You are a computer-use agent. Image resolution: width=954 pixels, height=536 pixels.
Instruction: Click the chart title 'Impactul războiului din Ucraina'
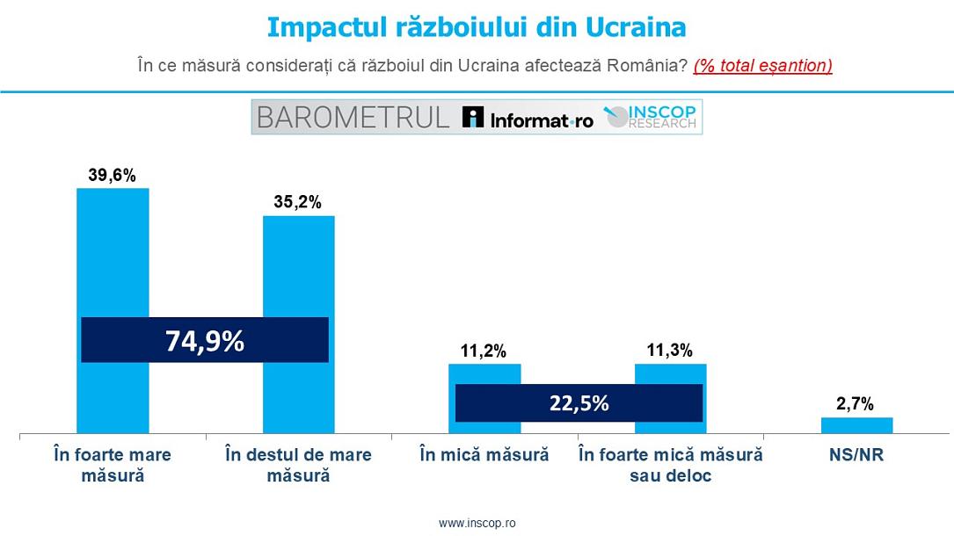[x=476, y=27]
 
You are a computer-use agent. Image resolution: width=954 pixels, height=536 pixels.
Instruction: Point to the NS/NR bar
[x=856, y=425]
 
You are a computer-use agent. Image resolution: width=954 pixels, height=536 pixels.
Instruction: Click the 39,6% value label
[x=113, y=176]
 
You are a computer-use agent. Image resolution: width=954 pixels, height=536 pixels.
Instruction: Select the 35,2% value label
[x=298, y=202]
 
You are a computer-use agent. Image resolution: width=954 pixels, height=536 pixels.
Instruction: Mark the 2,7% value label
[x=856, y=404]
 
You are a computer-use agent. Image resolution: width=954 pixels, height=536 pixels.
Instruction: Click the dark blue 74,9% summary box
[x=205, y=340]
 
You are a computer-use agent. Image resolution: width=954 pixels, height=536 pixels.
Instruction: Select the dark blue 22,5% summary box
[x=579, y=403]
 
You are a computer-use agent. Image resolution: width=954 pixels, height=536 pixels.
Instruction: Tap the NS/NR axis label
[x=856, y=455]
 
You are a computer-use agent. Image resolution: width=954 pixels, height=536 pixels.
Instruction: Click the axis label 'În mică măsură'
[x=484, y=455]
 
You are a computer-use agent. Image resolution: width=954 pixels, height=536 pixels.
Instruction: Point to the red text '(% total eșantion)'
[x=762, y=66]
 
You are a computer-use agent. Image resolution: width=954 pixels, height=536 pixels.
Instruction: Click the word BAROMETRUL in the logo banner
[x=352, y=118]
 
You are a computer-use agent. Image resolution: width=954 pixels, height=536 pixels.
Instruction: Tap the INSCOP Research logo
[x=651, y=117]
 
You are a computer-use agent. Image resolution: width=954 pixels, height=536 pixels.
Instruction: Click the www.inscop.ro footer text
[x=477, y=523]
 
